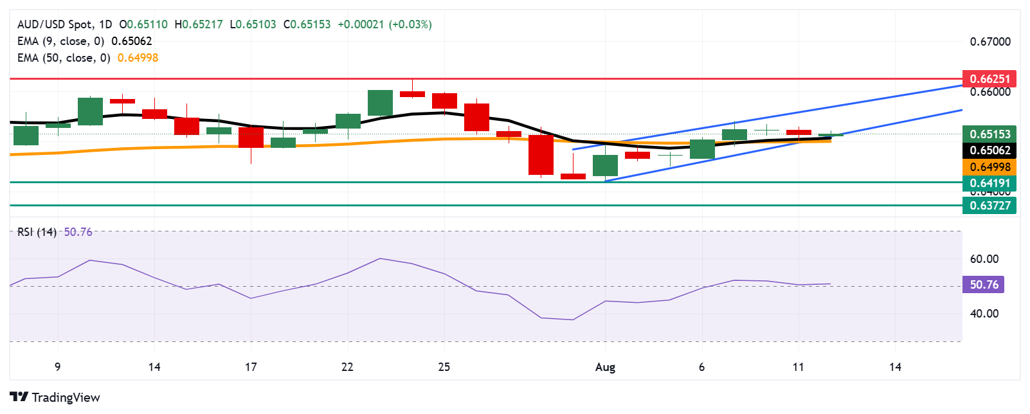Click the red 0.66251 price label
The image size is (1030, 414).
[989, 79]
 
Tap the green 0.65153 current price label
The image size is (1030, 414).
[989, 134]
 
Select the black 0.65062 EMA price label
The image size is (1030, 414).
[989, 150]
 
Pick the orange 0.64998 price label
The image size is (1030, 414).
[989, 167]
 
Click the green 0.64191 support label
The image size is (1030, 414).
[989, 183]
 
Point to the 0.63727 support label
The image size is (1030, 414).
[989, 206]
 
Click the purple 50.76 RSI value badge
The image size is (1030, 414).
[983, 285]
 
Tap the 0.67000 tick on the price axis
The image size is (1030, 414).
[990, 42]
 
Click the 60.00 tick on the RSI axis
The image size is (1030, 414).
[984, 259]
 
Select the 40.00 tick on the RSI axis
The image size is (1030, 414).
[984, 314]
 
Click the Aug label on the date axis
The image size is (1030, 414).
[605, 367]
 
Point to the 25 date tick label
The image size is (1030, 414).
[444, 367]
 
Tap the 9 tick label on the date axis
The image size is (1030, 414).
[58, 367]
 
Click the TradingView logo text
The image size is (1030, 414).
[55, 397]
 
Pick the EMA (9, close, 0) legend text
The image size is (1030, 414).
[60, 41]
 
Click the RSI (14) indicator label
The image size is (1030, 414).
[37, 232]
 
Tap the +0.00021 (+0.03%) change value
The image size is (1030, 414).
[384, 24]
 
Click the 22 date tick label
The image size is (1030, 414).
[347, 367]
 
